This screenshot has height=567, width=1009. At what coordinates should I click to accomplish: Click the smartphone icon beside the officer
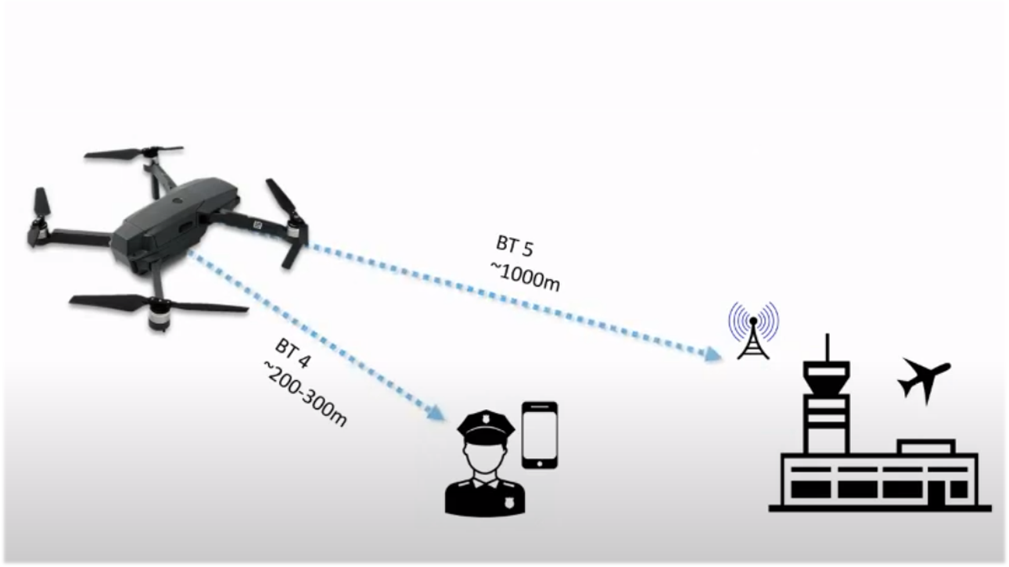click(540, 436)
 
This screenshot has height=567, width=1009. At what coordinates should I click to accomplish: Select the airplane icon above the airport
click(925, 377)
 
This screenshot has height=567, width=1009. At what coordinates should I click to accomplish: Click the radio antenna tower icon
click(753, 332)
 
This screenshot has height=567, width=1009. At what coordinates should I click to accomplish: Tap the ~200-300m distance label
click(305, 393)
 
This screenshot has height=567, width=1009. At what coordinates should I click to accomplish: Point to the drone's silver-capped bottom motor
click(159, 317)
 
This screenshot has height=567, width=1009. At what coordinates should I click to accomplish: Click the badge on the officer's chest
click(508, 503)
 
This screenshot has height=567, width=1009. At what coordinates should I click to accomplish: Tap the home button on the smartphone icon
click(540, 463)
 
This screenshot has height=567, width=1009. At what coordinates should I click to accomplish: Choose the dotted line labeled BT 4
click(313, 336)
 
